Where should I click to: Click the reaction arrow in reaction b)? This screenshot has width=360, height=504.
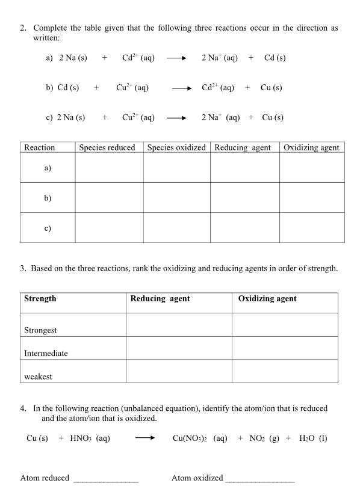point(182,88)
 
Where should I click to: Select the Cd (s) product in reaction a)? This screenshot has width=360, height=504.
point(275,58)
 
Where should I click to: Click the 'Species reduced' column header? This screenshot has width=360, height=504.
point(107,147)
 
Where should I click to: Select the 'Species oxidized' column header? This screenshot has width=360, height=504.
point(176,147)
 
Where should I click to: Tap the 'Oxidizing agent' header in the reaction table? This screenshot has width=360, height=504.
point(311,147)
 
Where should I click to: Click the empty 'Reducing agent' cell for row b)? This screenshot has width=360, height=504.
point(244,197)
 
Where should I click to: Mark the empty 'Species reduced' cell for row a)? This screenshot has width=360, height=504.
point(109,168)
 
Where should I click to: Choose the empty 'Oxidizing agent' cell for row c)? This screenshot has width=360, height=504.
point(312,227)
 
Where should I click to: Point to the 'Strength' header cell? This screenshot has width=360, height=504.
point(40,298)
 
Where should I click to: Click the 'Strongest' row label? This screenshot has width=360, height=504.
point(40,330)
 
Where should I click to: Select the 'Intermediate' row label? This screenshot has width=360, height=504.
point(46,353)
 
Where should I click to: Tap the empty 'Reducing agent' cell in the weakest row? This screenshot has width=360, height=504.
point(179,371)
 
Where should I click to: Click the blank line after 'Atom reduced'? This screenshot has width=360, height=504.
point(105,480)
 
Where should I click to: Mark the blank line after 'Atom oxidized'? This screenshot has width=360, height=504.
point(259,480)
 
